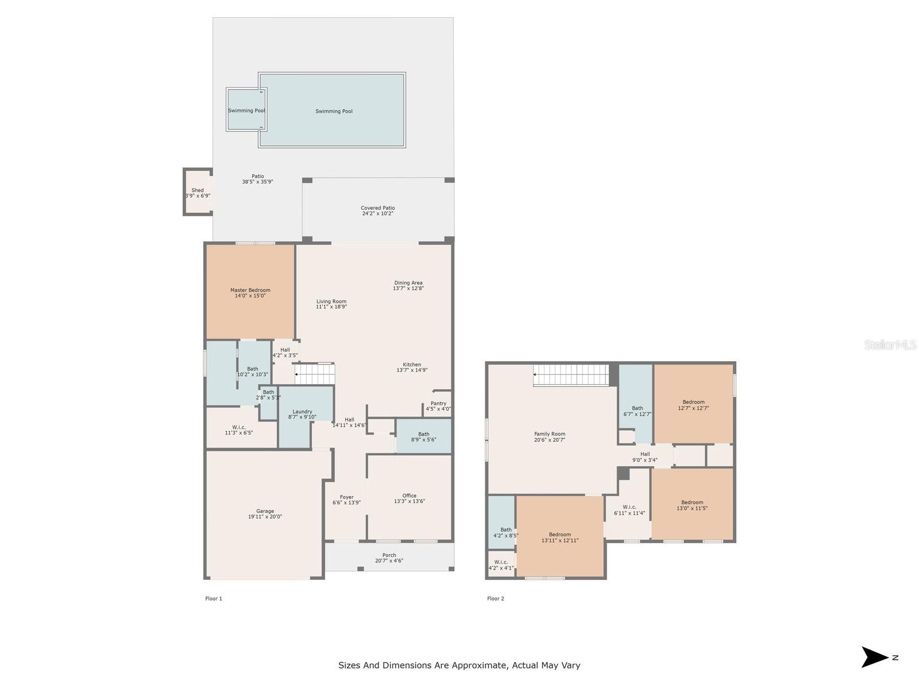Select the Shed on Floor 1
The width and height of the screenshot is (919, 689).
point(198,192)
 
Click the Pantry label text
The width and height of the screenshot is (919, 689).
point(438,403)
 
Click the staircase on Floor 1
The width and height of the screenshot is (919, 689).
point(314,374)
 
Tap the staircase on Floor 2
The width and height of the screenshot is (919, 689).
point(571,375)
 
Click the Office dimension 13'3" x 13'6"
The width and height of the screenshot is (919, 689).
point(409,501)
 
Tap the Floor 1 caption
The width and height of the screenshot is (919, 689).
point(214,599)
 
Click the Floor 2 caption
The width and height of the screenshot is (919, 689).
point(495,599)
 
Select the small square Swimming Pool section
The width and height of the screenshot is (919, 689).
point(246,110)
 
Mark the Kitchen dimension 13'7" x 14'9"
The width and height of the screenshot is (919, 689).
point(412,370)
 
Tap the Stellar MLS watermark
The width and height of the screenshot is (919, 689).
point(890,344)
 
